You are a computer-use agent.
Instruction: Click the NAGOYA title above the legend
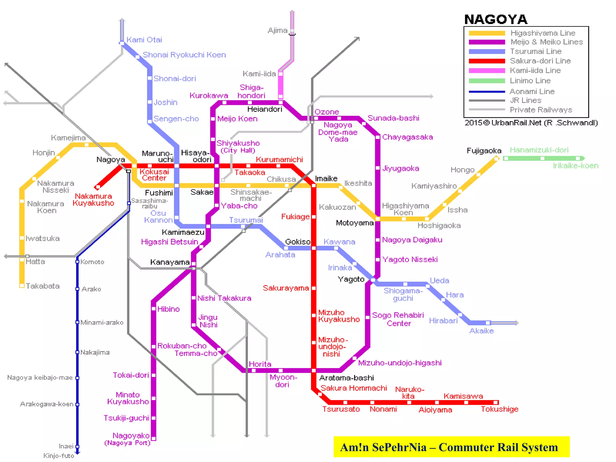pyautogui.click(x=496, y=20)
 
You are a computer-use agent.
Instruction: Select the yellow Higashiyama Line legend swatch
pyautogui.click(x=487, y=33)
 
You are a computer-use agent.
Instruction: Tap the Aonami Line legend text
pyautogui.click(x=532, y=91)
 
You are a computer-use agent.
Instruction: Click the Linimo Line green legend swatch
pyautogui.click(x=487, y=81)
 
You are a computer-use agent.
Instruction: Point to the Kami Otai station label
pyautogui.click(x=144, y=40)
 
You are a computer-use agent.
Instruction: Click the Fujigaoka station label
pyautogui.click(x=484, y=151)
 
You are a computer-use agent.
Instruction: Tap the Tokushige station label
pyautogui.click(x=499, y=409)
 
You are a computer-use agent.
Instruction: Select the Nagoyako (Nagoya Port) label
pyautogui.click(x=128, y=439)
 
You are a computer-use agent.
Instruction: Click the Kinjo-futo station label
pyautogui.click(x=59, y=456)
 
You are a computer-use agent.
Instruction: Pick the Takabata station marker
pyautogui.click(x=22, y=285)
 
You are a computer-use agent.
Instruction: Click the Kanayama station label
pyautogui.click(x=170, y=262)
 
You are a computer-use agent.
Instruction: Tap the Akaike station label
pyautogui.click(x=481, y=331)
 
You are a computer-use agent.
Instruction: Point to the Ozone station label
pyautogui.click(x=327, y=112)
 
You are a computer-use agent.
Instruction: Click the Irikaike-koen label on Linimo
pyautogui.click(x=575, y=166)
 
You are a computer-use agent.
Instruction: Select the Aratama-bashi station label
pyautogui.click(x=346, y=378)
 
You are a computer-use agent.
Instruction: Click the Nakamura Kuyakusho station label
pyautogui.click(x=93, y=200)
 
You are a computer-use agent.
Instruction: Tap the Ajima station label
pyautogui.click(x=277, y=30)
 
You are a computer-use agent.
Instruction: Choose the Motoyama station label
pyautogui.click(x=355, y=223)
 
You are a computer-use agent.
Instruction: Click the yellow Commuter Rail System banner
pyautogui.click(x=451, y=447)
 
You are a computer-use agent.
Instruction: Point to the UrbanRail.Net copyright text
pyautogui.click(x=531, y=123)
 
